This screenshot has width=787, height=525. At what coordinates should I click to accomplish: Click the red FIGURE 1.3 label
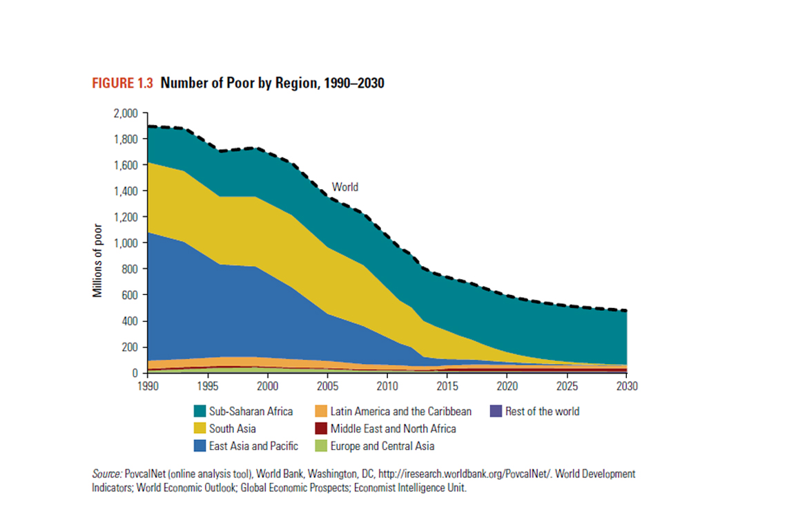pyautogui.click(x=122, y=84)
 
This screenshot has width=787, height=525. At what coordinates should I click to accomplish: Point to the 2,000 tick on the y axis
pyautogui.click(x=125, y=113)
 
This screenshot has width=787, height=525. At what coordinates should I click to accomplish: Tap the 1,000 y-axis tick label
pyautogui.click(x=125, y=243)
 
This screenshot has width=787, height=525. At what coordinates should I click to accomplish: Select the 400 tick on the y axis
pyautogui.click(x=130, y=321)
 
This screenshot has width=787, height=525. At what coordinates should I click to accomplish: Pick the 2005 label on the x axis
pyautogui.click(x=328, y=385)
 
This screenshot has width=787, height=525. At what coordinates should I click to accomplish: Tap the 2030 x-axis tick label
pyautogui.click(x=627, y=385)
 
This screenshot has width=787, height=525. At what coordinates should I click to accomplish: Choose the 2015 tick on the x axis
pyautogui.click(x=447, y=385)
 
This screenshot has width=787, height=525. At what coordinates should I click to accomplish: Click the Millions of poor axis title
pyautogui.click(x=97, y=260)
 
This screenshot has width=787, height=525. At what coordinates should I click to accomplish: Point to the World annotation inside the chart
pyautogui.click(x=345, y=187)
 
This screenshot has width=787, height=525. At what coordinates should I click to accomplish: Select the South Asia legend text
pyautogui.click(x=233, y=429)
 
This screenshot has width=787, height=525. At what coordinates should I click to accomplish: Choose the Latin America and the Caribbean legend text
pyautogui.click(x=401, y=412)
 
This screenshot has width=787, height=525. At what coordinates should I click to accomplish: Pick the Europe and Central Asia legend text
pyautogui.click(x=382, y=446)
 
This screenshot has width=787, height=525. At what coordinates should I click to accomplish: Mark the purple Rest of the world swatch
pyautogui.click(x=494, y=412)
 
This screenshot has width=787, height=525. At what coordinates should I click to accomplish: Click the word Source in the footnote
pyautogui.click(x=106, y=475)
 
